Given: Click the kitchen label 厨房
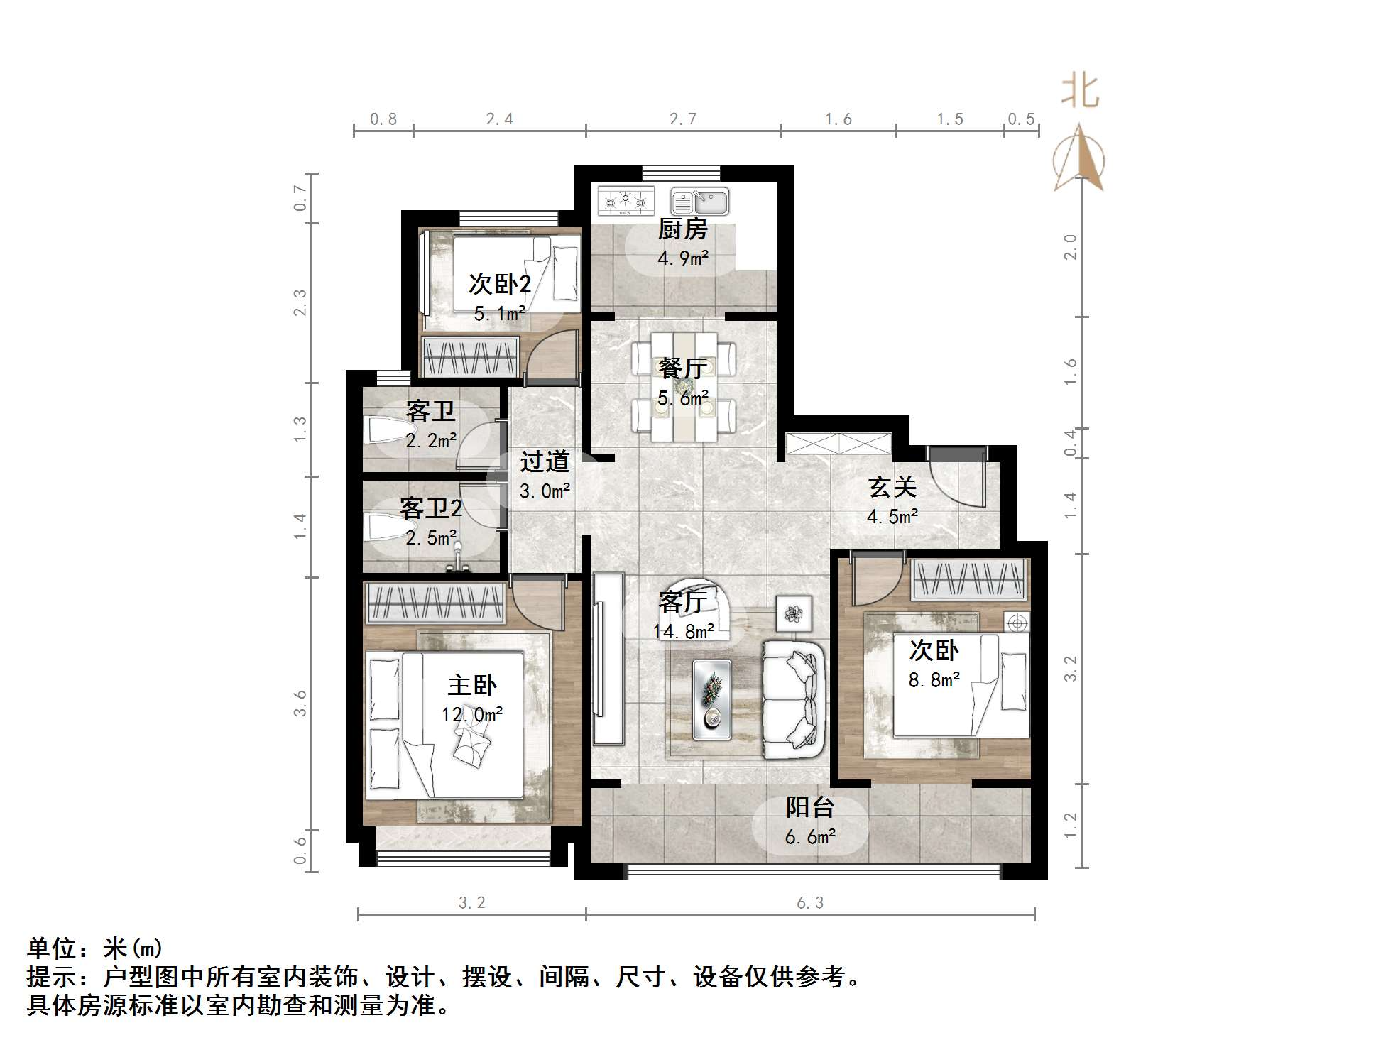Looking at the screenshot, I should pos(682,229).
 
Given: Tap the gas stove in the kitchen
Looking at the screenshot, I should pos(626,201).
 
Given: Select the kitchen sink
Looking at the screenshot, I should pos(700,202).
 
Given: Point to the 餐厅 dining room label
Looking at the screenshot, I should pos(682,368).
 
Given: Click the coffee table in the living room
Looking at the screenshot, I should pos(711,699).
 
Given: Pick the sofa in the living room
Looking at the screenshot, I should pos(794,699).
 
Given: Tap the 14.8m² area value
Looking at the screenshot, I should pos(683,631).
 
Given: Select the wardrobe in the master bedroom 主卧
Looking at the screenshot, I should pos(435,603).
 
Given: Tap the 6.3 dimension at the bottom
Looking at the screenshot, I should pos(809,903).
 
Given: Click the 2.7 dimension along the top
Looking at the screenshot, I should pos(683,119).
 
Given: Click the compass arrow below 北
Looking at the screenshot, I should pos(1078,159).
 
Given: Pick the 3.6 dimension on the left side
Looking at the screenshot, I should pos(300,702).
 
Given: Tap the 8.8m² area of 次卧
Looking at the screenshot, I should pos(934,680).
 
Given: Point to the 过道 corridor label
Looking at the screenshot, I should pos(545,462).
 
